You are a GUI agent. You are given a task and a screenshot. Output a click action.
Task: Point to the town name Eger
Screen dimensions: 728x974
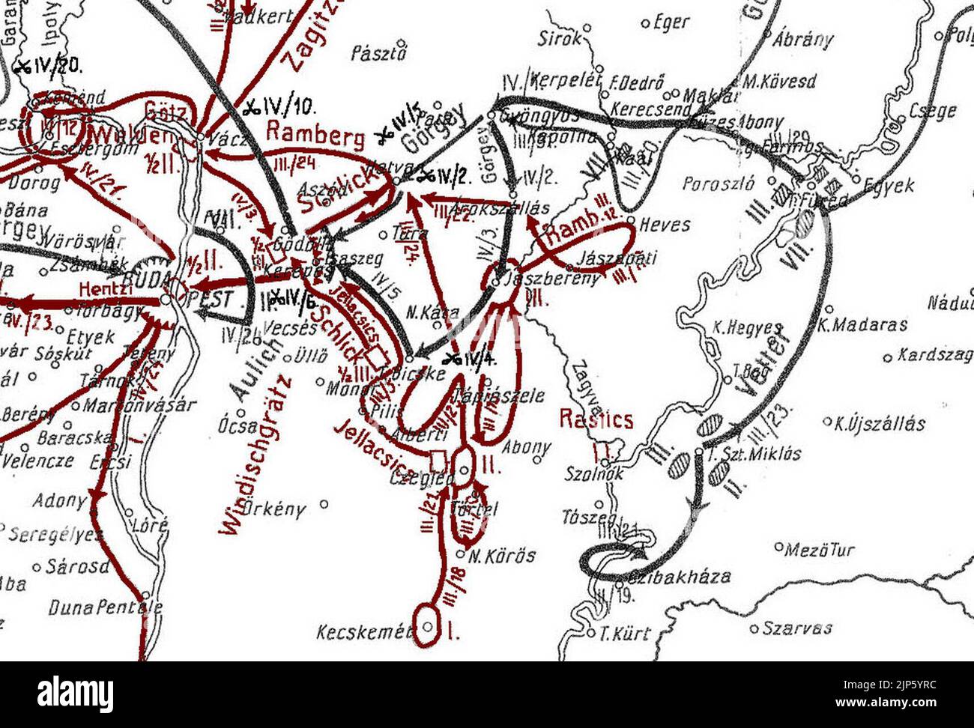click(671, 22)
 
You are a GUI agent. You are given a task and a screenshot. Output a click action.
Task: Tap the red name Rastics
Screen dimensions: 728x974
click(596, 419)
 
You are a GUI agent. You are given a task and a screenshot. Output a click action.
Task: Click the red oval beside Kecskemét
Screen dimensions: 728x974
click(427, 624)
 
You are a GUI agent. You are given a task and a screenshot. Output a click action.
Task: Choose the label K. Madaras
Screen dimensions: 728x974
click(862, 325)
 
